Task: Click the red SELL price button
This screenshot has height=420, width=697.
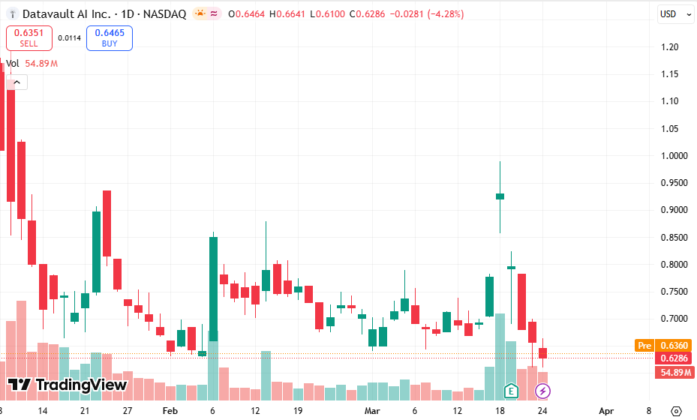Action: coord(29,37)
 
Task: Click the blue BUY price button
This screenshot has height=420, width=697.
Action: coord(110,37)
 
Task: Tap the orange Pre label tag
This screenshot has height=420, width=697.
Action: coord(643,346)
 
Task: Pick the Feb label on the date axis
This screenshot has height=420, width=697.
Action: coord(170,411)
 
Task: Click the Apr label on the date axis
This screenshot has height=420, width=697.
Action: coord(606,411)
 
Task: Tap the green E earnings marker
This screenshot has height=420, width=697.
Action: coord(512,391)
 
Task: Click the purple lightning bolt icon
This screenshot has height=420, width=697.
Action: coord(542,391)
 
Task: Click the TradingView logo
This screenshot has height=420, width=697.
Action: coord(68,385)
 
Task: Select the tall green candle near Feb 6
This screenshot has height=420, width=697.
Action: coord(213,292)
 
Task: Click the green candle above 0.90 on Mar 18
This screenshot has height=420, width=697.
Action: coord(500,196)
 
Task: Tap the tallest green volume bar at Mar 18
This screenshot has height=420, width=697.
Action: coord(500,352)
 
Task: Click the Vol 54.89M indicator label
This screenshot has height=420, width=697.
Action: coord(32,64)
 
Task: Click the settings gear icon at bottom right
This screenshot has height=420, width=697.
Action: coord(676,411)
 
